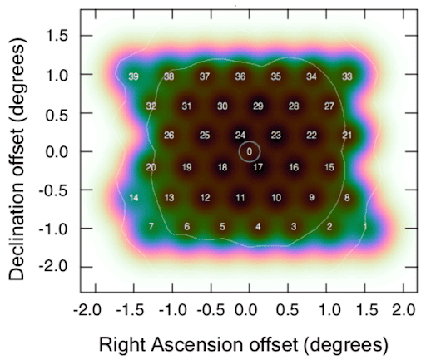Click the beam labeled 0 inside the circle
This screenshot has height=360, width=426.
(250, 151)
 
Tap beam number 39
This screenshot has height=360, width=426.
(134, 76)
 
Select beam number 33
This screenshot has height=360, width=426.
(347, 76)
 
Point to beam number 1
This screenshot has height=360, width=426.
(365, 227)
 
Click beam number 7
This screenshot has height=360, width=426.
(151, 227)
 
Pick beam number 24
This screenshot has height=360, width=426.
(240, 136)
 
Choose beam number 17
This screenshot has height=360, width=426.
(258, 167)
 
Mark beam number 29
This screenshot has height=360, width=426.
(258, 106)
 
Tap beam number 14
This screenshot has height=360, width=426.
(134, 198)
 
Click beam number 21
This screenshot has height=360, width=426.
(347, 136)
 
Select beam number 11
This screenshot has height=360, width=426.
(240, 198)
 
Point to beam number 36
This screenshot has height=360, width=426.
(240, 76)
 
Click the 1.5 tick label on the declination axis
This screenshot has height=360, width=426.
(57, 36)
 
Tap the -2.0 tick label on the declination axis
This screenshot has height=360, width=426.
(53, 267)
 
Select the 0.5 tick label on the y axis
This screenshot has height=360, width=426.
(57, 113)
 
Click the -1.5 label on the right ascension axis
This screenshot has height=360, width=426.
(130, 310)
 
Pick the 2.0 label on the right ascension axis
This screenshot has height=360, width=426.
(404, 310)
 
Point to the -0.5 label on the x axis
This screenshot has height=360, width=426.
(211, 310)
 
